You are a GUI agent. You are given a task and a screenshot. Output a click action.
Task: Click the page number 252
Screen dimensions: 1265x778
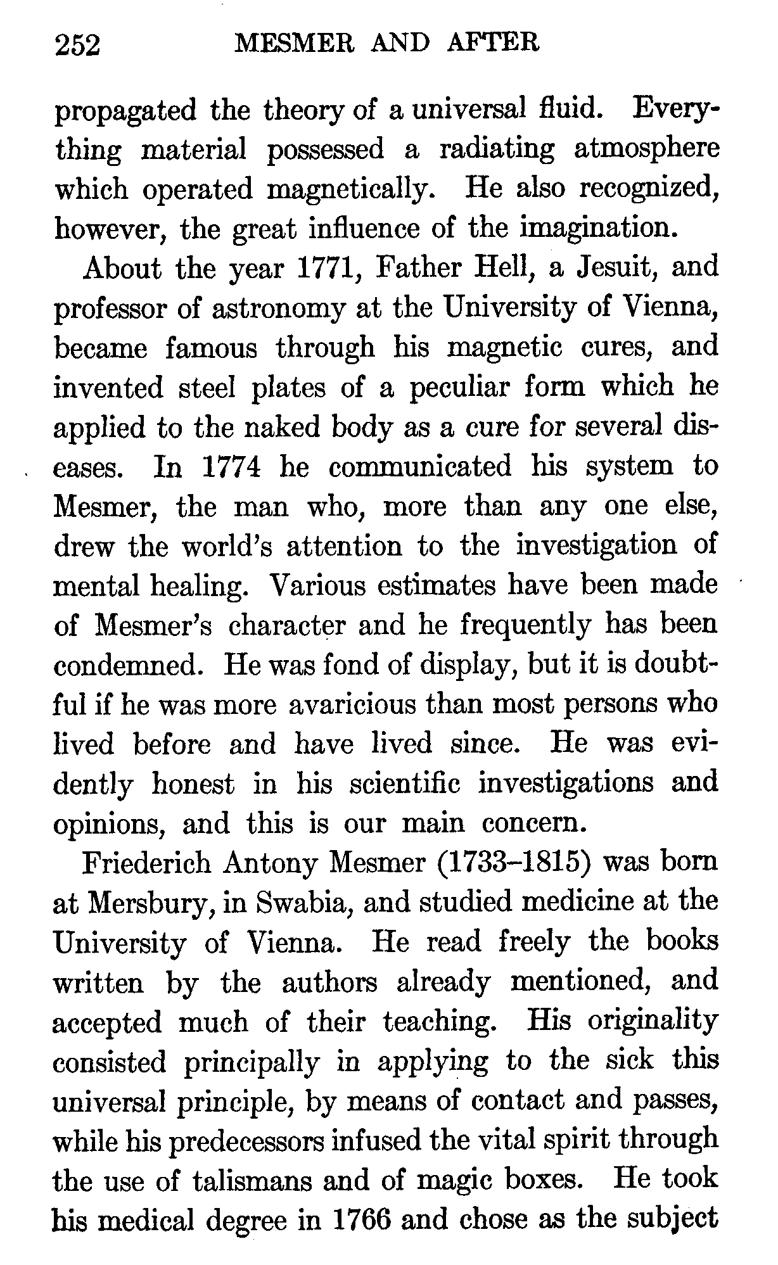(x=79, y=46)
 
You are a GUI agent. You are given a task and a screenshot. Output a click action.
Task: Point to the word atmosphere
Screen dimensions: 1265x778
(x=646, y=149)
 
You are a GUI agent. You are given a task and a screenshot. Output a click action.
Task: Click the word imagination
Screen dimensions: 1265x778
(x=595, y=229)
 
